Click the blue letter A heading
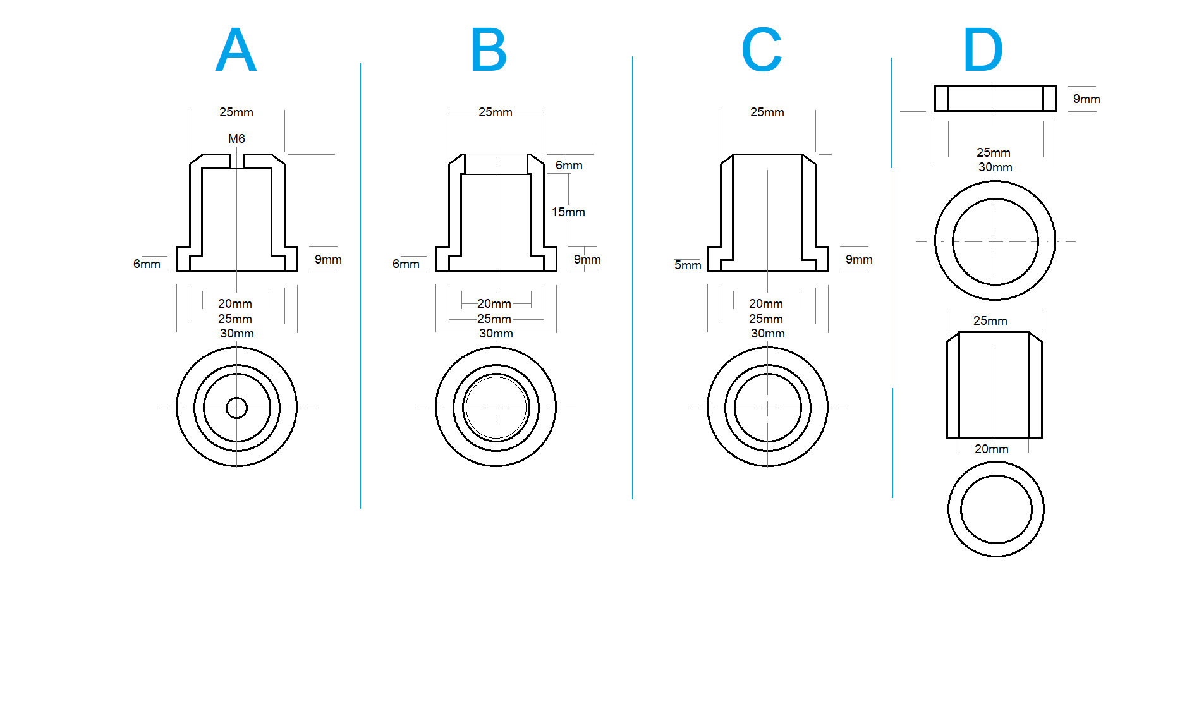[x=236, y=50]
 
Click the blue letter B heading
[x=489, y=50]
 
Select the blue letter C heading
[x=762, y=50]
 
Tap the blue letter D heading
[x=983, y=50]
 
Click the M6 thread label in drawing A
[x=236, y=138]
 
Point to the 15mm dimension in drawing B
[x=568, y=212]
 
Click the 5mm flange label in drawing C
[x=688, y=265]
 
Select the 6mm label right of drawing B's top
[x=569, y=166]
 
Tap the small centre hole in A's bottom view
[x=236, y=408]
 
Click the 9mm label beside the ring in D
[x=1087, y=99]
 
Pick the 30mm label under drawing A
[x=236, y=333]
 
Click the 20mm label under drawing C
[x=766, y=304]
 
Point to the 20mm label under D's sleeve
[x=991, y=449]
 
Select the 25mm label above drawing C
[x=767, y=112]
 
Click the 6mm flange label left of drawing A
[x=147, y=264]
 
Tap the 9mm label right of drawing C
[x=859, y=260]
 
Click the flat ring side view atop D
[x=995, y=99]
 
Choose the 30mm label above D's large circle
[x=995, y=167]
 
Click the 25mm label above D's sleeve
[x=990, y=321]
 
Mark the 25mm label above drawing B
[x=495, y=112]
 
